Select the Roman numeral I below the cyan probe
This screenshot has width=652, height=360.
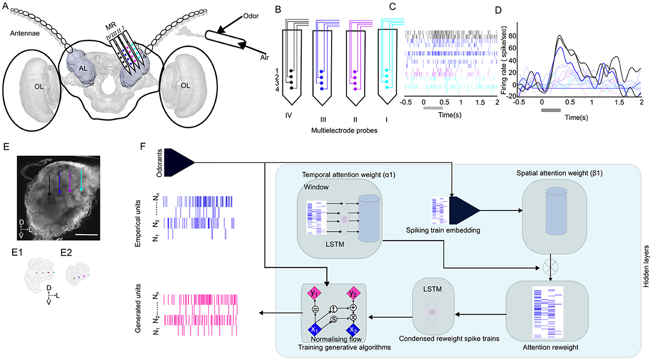[387, 119]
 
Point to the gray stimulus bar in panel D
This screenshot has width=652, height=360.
[551, 110]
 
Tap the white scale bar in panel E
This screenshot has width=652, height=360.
[87, 235]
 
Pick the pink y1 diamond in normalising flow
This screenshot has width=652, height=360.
[315, 294]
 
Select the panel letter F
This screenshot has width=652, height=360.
[143, 147]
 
